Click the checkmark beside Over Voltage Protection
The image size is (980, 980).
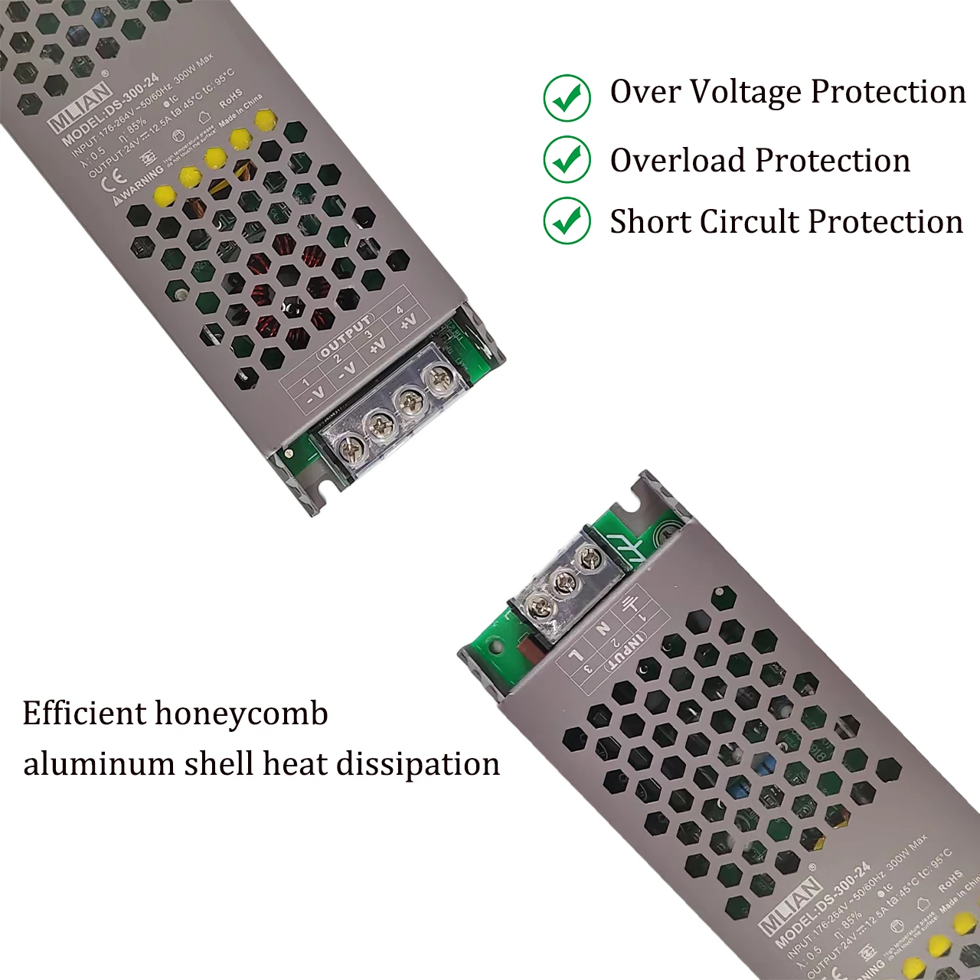[567, 98]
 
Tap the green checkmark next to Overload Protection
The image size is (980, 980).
[567, 159]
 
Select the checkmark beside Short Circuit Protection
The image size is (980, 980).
[567, 220]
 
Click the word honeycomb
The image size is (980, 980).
[241, 714]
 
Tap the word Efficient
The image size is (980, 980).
[83, 713]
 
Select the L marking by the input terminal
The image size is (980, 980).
[576, 655]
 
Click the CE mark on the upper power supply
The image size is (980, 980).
[114, 177]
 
